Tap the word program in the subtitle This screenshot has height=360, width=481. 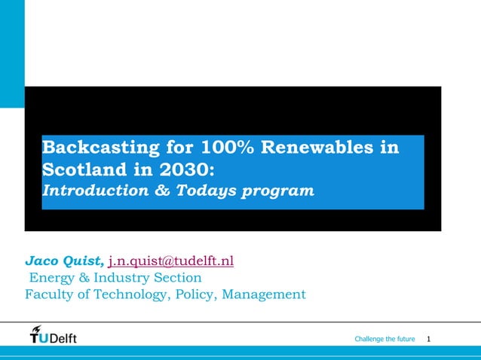pos(280,191)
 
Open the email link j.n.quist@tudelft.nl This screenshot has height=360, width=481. pos(171,261)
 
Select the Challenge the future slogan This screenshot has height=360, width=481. pos(384,340)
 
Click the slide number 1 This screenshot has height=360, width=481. pos(429,340)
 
